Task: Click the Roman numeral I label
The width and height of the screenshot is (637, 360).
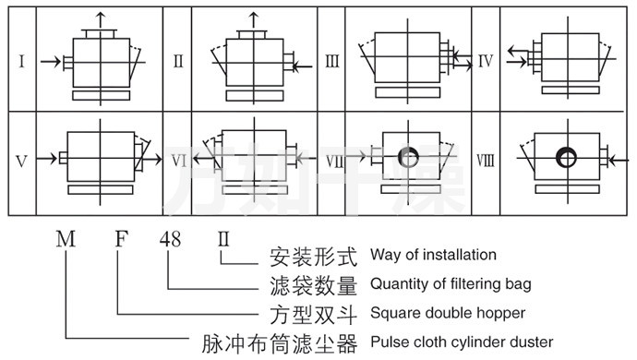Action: pos(22,61)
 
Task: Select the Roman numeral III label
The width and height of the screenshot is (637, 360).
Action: pos(332,61)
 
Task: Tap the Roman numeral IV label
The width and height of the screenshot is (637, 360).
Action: pos(486,61)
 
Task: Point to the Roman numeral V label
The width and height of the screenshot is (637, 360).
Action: pos(21,162)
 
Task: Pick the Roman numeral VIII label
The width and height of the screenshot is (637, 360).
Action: pos(486,161)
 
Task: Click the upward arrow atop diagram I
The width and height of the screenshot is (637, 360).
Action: pos(101,20)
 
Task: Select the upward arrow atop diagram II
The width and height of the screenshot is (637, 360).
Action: pos(254,20)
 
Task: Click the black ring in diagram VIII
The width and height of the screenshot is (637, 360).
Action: pos(566,158)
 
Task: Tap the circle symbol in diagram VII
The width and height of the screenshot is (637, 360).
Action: pos(408,158)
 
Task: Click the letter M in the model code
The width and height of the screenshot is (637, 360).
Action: pos(66,238)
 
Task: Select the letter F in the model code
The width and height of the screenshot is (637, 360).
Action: pos(122,238)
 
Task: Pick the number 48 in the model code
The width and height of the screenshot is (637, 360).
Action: pos(170,239)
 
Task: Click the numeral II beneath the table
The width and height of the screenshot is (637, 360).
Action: pos(223,238)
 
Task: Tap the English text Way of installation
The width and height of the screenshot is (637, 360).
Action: pos(433,255)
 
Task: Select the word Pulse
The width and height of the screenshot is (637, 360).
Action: pos(389,342)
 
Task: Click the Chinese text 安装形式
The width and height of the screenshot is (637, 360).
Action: pos(313,257)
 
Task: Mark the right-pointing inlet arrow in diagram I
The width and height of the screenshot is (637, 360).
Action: pos(51,62)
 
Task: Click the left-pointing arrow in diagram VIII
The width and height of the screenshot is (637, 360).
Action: pos(619,162)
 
